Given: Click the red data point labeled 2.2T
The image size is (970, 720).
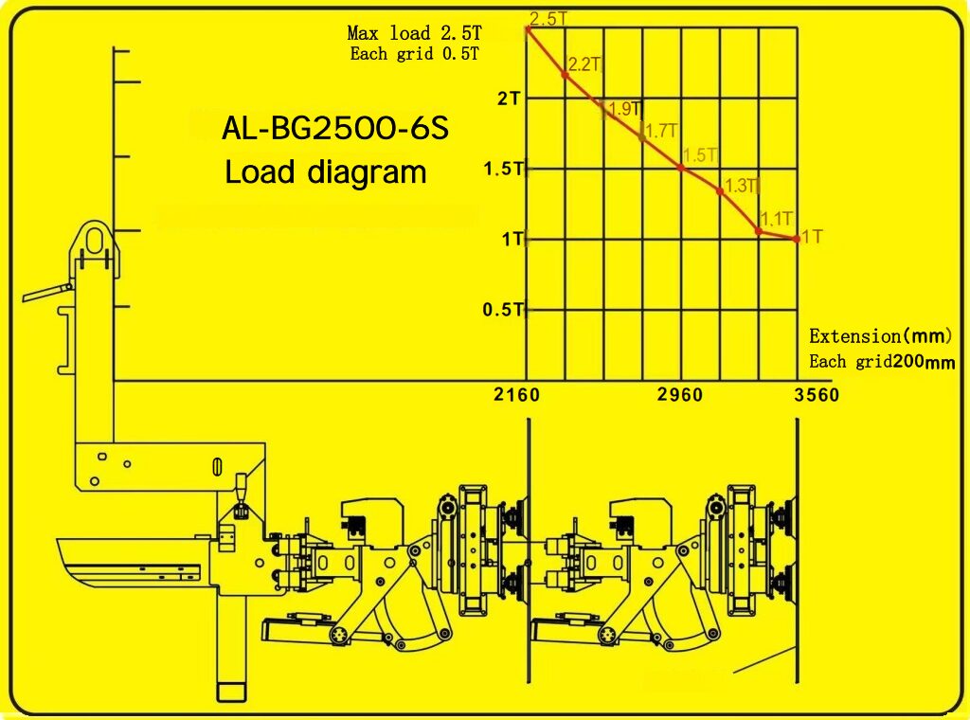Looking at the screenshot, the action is tap(565, 75).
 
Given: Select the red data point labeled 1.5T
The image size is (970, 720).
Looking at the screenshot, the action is tap(681, 167).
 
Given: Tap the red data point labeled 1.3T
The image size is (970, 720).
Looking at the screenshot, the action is tap(720, 191).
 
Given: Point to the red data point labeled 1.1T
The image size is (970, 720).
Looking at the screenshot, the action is tap(759, 231).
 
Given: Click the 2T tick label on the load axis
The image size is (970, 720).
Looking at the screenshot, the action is tap(510, 99).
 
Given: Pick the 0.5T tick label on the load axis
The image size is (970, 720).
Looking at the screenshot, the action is tap(503, 309).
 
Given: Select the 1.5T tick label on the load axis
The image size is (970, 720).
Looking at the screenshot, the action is tap(504, 169).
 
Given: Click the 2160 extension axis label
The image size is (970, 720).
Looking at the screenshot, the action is tap(516, 395).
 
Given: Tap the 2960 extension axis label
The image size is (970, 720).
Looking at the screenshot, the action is tap(680, 395).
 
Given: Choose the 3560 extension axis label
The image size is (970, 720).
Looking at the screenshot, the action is tap(817, 395).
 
